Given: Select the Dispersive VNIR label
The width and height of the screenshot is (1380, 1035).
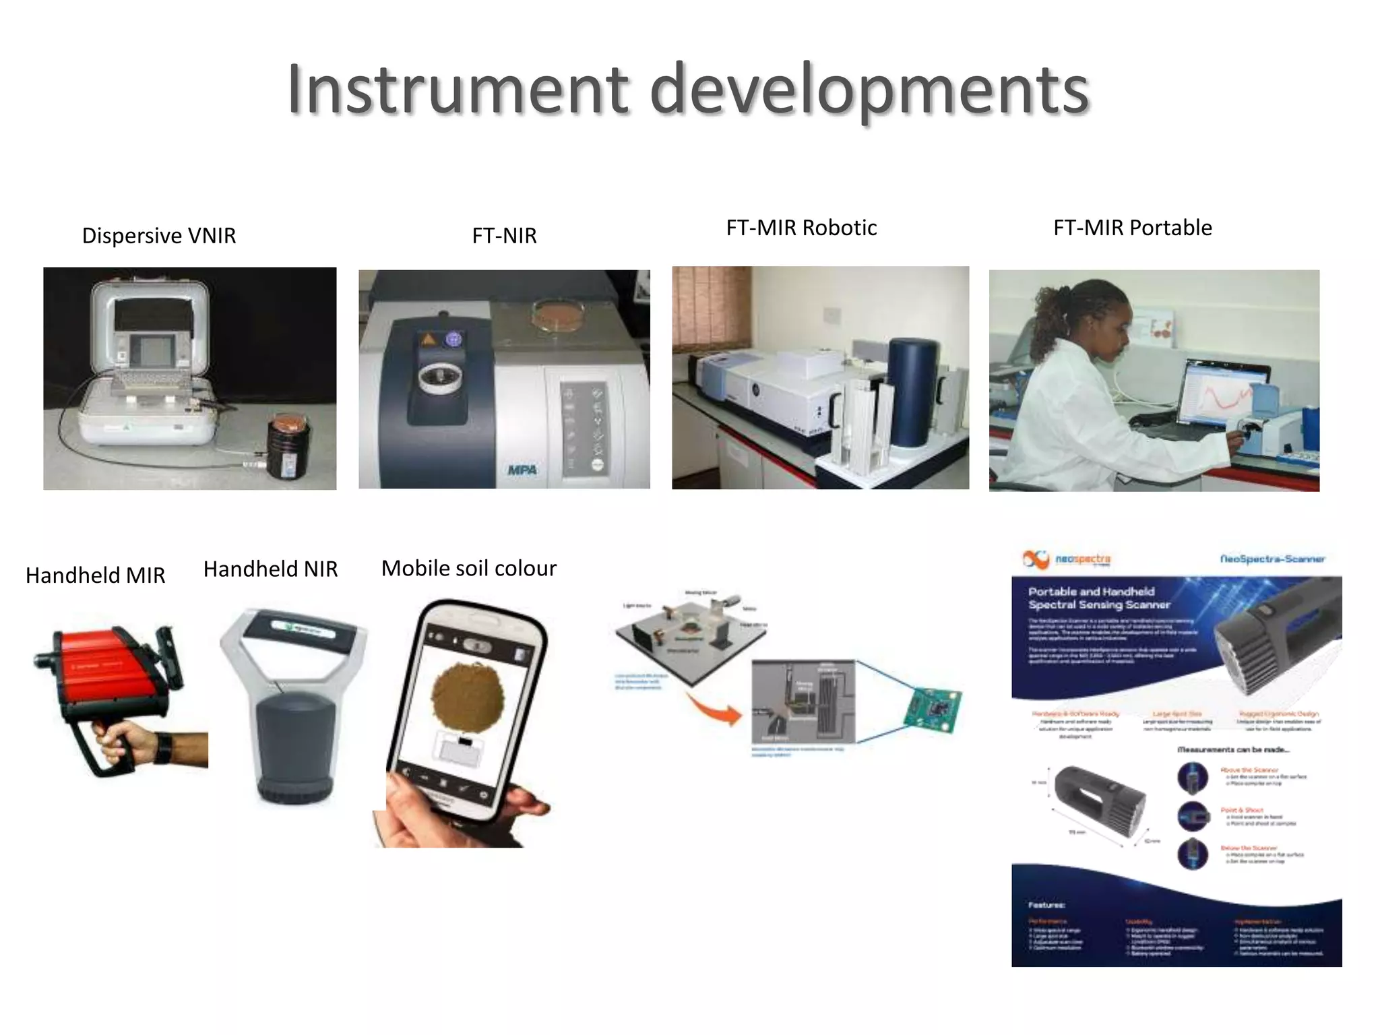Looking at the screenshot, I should point(159,236).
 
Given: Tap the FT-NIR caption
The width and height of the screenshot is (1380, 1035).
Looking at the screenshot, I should point(504,236).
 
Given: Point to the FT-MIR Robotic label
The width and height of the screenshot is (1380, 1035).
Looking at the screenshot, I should point(801,228).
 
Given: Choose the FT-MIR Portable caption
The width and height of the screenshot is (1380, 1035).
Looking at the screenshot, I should point(1132,228).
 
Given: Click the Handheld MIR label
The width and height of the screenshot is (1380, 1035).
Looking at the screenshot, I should point(95,575).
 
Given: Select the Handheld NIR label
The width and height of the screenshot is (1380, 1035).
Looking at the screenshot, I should point(270,569).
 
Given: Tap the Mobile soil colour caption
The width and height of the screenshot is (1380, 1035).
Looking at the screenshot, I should point(468,569).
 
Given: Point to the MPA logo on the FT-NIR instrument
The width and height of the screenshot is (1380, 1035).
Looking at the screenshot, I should point(522,470).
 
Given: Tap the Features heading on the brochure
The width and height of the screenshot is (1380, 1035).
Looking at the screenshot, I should point(1046,905).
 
